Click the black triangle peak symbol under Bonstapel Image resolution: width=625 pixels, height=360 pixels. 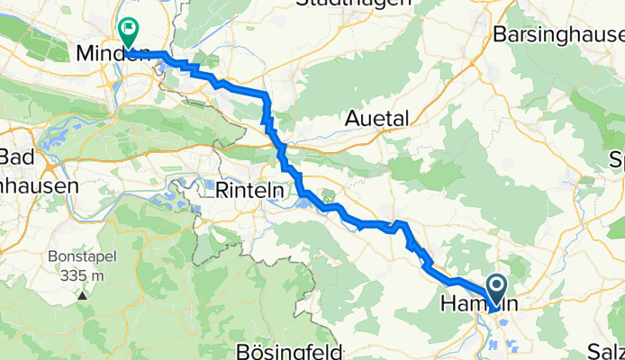pyautogui.click(x=82, y=293)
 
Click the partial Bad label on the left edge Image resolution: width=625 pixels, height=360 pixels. pyautogui.click(x=16, y=157)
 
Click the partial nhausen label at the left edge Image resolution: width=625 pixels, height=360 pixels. pyautogui.click(x=40, y=185)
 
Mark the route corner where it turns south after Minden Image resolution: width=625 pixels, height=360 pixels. pyautogui.click(x=267, y=96)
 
